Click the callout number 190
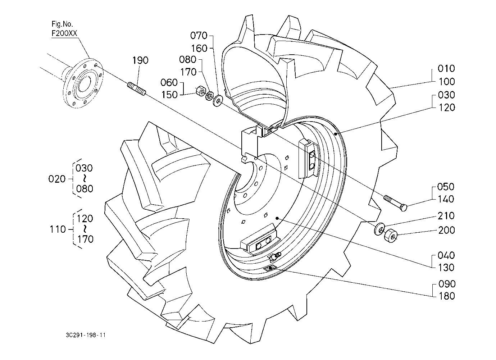[140, 60]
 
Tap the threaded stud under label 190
[136, 88]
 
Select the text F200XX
[64, 33]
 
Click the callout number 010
[446, 69]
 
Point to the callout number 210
[446, 216]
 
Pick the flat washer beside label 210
[379, 229]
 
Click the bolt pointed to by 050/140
[396, 203]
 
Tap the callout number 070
[199, 35]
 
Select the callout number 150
[169, 95]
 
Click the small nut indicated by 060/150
[201, 91]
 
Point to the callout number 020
[57, 179]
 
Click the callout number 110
[58, 229]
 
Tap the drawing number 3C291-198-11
[86, 335]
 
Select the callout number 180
[447, 296]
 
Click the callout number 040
[446, 255]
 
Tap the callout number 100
[447, 82]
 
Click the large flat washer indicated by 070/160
[218, 101]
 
